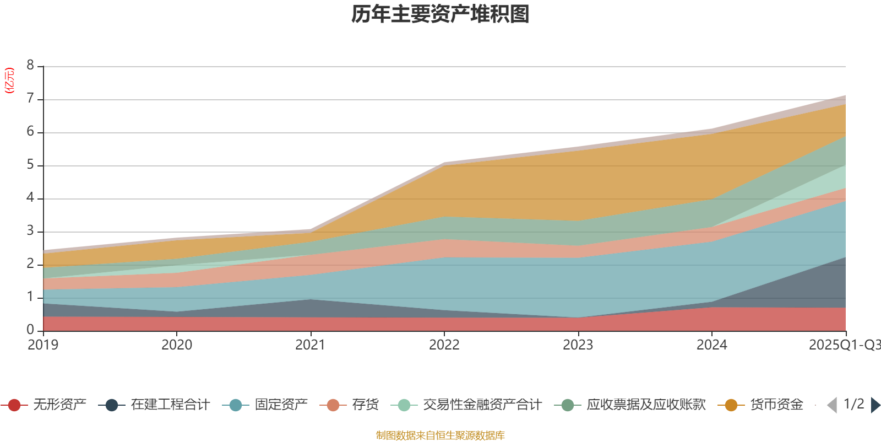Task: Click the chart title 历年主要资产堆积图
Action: point(440,14)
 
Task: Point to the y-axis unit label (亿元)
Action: point(9,80)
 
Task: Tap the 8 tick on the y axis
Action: point(30,66)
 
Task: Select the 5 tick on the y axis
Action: point(30,165)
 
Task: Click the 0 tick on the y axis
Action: point(30,330)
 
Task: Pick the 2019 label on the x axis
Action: point(43,345)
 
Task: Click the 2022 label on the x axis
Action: point(444,345)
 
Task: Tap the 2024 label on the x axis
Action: point(711,345)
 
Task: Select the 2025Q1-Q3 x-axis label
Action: point(844,345)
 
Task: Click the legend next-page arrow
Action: point(875,405)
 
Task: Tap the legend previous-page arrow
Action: point(832,405)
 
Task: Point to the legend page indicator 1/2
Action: point(853,404)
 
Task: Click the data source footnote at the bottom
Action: point(440,435)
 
